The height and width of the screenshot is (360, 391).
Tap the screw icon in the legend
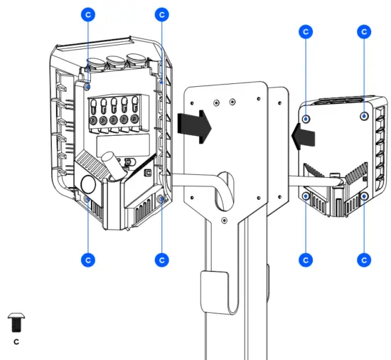coord(16,324)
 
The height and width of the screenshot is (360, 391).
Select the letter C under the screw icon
coord(16,342)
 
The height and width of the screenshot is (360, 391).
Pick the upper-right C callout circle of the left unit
coord(161,14)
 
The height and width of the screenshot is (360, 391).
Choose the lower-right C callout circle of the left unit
coord(161,259)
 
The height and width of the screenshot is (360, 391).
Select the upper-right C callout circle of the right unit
coord(363,32)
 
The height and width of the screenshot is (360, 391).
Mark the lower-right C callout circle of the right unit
coord(363,259)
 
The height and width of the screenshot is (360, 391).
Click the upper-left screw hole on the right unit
coord(306,119)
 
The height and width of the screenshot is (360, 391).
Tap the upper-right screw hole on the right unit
coord(363,117)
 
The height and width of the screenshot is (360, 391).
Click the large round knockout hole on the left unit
coord(91,183)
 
